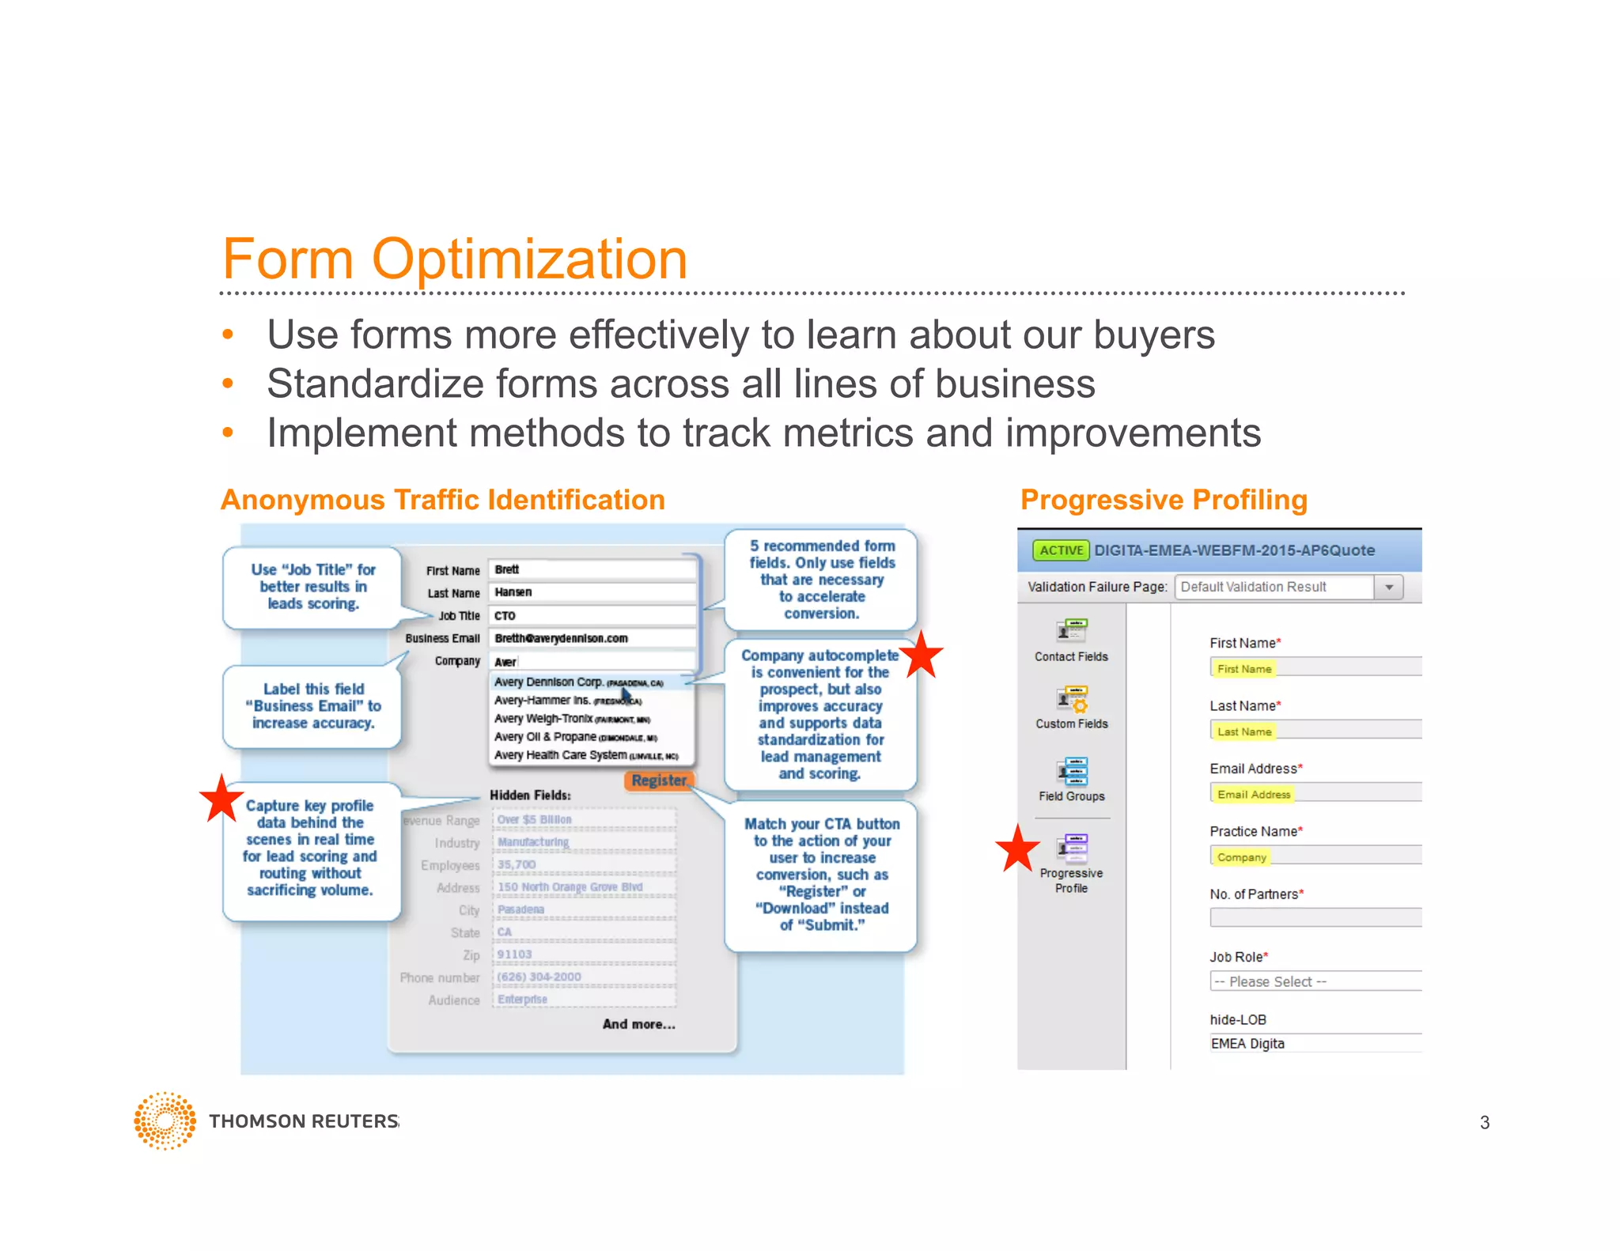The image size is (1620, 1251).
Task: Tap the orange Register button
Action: click(659, 780)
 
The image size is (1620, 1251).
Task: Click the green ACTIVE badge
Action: click(1061, 550)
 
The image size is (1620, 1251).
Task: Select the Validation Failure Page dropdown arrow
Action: click(1389, 588)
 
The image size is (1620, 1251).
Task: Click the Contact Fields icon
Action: click(1072, 631)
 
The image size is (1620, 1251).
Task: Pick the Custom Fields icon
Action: click(1072, 699)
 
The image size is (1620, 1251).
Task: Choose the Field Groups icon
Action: click(1072, 771)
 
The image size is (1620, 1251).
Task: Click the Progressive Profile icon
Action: click(1072, 848)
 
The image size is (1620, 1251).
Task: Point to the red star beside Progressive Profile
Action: click(1017, 848)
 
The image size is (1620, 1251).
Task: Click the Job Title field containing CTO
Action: click(592, 615)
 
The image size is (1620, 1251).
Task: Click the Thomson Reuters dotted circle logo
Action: click(165, 1121)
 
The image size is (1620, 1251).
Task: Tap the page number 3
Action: click(1484, 1123)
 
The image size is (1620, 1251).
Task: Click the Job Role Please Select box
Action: click(1315, 981)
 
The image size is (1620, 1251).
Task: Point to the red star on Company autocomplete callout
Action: click(922, 655)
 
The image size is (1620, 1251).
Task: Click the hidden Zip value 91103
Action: click(515, 954)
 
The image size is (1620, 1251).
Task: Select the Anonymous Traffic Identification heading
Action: click(443, 500)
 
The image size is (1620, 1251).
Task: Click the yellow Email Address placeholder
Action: click(1253, 794)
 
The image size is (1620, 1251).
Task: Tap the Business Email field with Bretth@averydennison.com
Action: click(592, 638)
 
